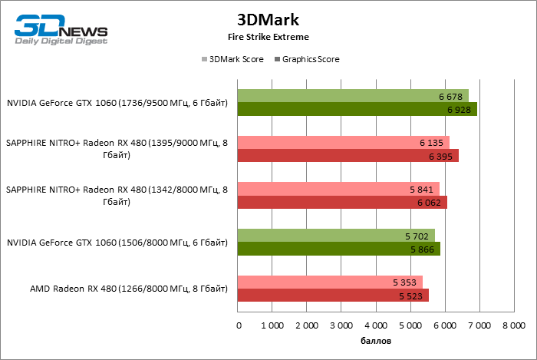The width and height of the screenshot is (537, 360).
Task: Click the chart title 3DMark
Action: tap(268, 19)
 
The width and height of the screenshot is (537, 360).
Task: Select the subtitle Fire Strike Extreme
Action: tap(268, 36)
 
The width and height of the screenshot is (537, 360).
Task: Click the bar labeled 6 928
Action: tap(357, 109)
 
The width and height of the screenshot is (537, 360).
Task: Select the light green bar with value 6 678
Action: tap(353, 96)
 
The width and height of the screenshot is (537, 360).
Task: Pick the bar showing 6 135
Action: tap(344, 142)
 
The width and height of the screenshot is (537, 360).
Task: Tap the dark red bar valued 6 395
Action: tap(348, 156)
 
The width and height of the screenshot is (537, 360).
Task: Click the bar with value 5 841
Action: tap(338, 189)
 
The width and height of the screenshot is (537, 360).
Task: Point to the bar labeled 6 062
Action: tap(342, 203)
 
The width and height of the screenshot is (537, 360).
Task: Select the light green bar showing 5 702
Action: tap(336, 235)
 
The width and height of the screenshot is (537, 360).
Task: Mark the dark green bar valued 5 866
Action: tap(339, 249)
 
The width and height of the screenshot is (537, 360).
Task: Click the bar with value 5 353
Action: tap(330, 282)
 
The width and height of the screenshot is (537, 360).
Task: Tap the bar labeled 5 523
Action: tap(333, 295)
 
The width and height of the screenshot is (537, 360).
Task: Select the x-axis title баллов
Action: tap(376, 339)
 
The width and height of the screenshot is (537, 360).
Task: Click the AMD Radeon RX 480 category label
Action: tap(129, 289)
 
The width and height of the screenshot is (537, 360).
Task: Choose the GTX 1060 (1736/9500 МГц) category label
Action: tap(117, 103)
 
